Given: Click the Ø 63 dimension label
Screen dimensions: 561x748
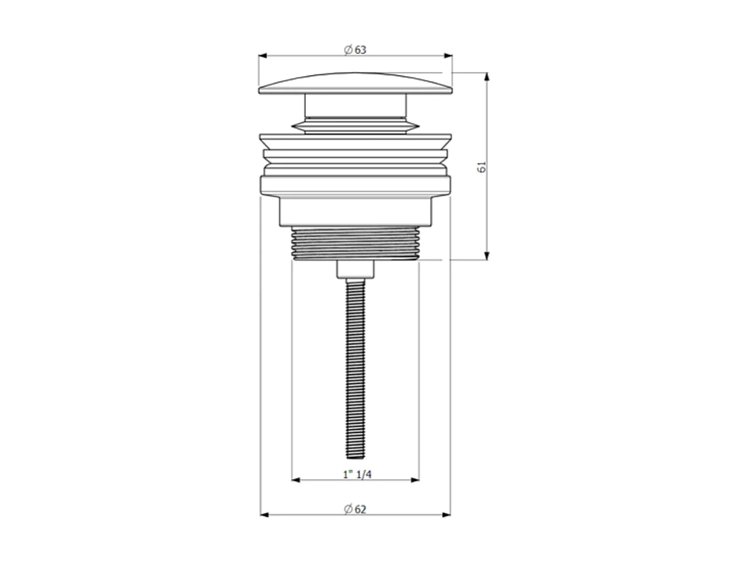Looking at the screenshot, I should (355, 50).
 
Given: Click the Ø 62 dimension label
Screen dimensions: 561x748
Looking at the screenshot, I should (355, 508).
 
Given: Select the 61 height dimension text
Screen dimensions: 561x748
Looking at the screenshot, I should (482, 167).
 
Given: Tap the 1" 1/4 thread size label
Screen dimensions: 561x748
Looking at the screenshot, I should (357, 474).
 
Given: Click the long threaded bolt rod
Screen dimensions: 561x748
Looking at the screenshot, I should (355, 367).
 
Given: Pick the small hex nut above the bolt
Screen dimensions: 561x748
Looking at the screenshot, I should (355, 269).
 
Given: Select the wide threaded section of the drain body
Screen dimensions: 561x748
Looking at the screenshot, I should (355, 243).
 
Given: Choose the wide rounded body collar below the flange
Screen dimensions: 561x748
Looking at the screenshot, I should (355, 186).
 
